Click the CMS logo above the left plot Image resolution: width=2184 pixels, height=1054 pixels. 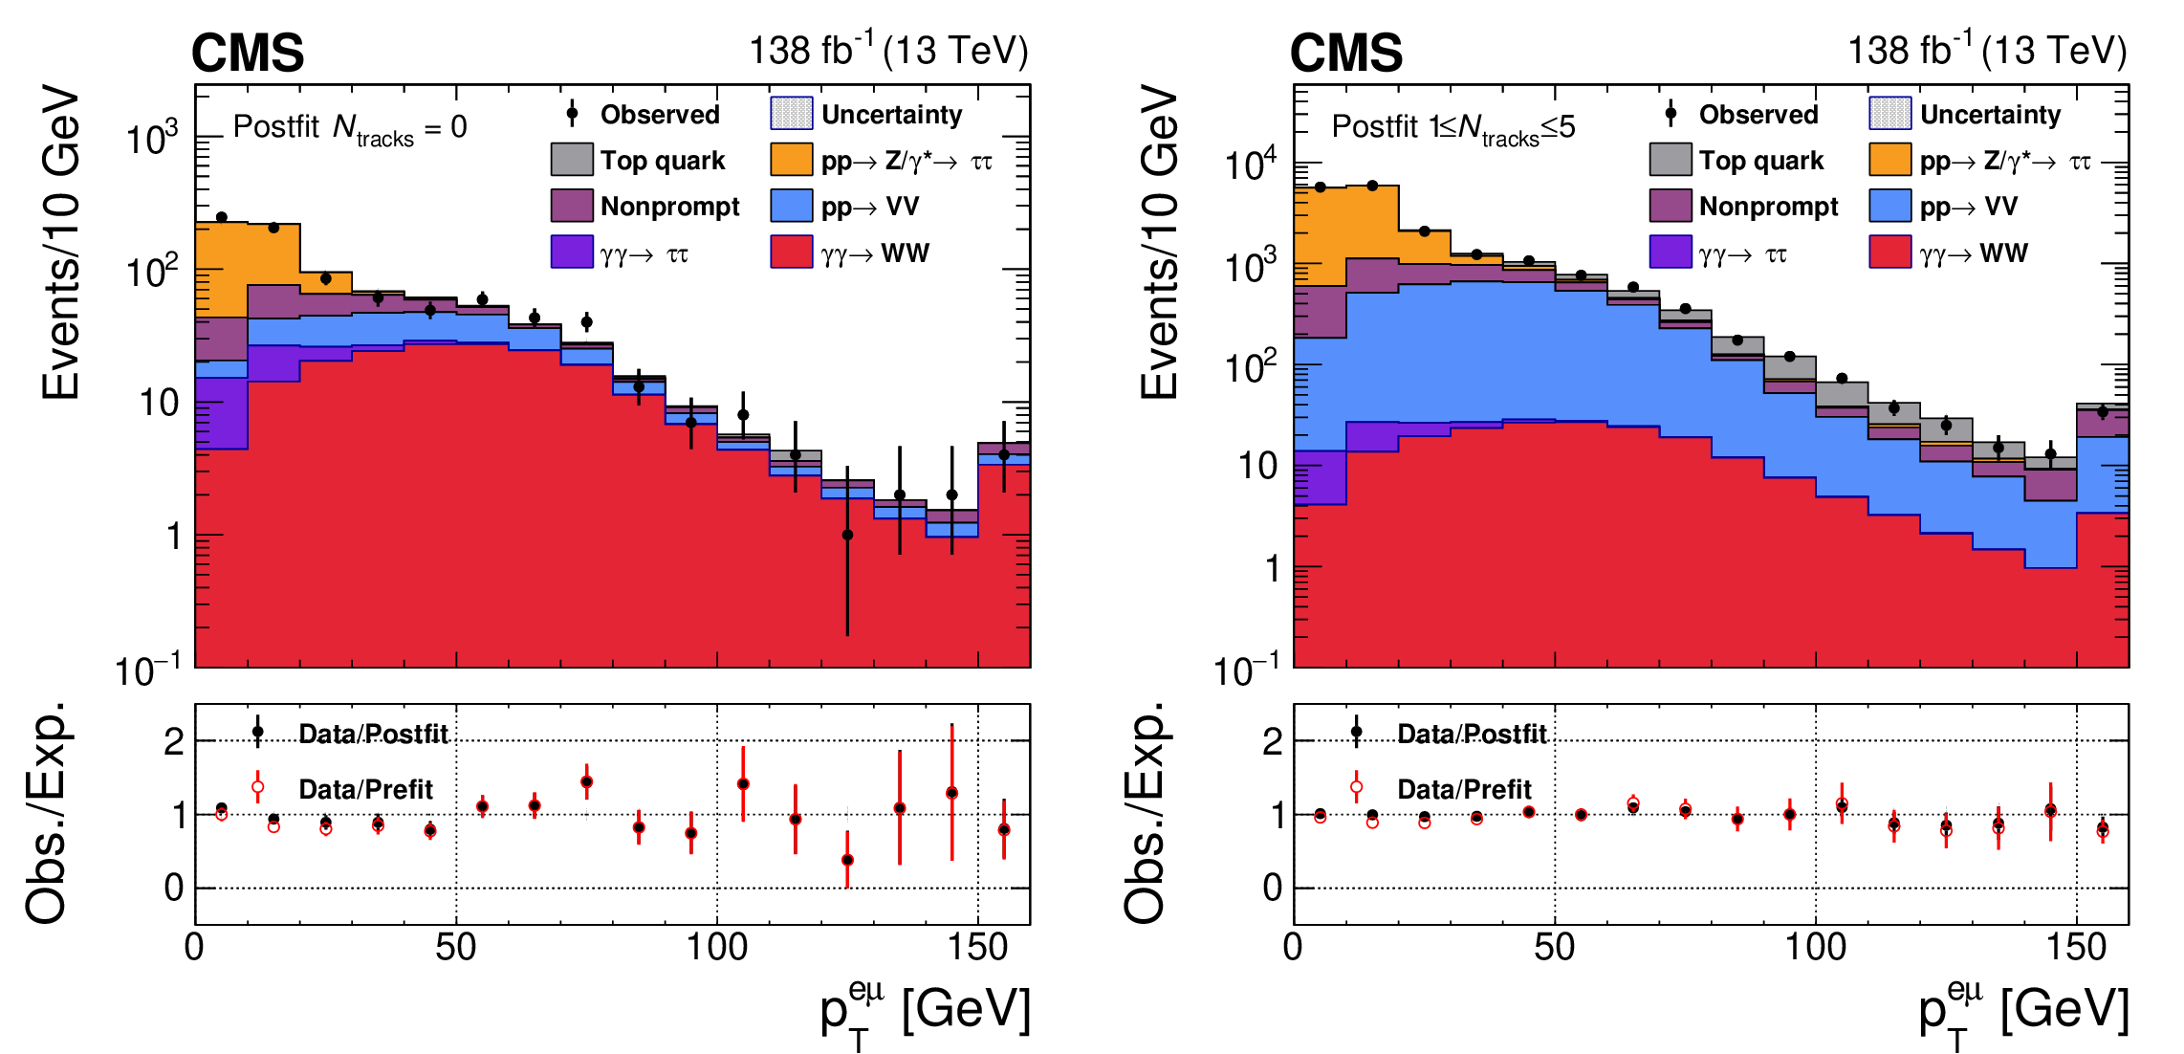click(x=248, y=53)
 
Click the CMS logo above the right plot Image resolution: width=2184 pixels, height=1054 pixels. click(x=1346, y=53)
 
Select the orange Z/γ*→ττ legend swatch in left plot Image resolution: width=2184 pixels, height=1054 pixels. click(x=792, y=160)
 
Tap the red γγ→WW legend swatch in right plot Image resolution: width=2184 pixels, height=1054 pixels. click(x=1890, y=253)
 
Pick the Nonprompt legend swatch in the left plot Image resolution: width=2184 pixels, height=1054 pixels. click(x=572, y=206)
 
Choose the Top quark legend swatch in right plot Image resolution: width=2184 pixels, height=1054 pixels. click(x=1671, y=160)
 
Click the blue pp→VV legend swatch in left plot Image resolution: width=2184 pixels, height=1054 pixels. click(x=792, y=206)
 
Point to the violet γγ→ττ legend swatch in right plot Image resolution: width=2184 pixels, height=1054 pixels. click(x=1671, y=253)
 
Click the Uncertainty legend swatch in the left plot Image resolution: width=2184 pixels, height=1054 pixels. click(x=792, y=113)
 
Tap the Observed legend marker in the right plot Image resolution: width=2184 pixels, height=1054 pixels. click(x=1671, y=113)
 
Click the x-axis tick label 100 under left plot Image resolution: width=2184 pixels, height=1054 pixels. click(x=716, y=948)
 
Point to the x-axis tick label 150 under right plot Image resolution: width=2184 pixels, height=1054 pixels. click(x=2076, y=948)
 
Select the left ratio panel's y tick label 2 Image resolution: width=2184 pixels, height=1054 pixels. click(x=174, y=741)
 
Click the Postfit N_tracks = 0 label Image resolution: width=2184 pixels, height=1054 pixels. click(x=350, y=127)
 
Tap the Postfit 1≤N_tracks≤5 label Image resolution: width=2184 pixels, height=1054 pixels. click(x=1452, y=127)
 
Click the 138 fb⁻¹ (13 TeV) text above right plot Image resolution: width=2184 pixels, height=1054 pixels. click(x=1986, y=51)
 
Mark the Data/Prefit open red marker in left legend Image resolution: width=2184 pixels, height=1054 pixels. click(x=257, y=787)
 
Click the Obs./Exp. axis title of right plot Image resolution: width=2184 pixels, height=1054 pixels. click(x=1144, y=813)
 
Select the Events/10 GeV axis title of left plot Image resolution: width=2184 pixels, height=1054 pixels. click(x=59, y=242)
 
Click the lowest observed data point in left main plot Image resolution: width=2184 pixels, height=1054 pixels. click(x=847, y=535)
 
